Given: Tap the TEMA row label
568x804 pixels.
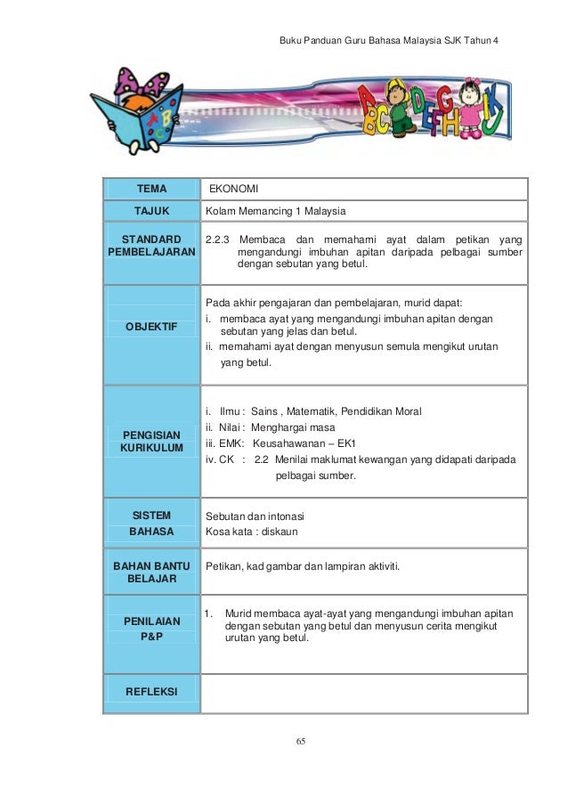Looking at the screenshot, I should click(x=150, y=189).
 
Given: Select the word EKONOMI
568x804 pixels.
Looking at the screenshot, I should click(x=234, y=189).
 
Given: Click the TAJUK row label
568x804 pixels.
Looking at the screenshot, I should click(x=150, y=211).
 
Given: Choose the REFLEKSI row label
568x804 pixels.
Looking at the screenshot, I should click(x=150, y=692).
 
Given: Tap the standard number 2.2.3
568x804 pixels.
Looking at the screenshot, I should click(x=217, y=240).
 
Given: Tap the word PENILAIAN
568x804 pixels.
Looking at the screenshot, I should click(x=150, y=621).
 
